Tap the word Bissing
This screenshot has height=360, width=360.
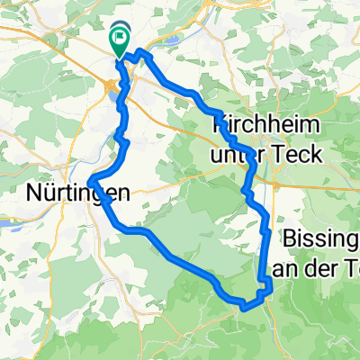pos(320,239)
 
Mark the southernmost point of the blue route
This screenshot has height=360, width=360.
pos(244,307)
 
